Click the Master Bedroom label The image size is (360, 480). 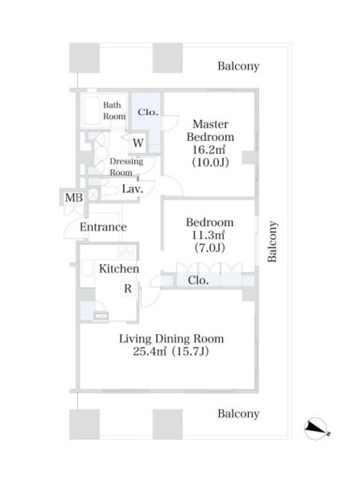pyautogui.click(x=211, y=130)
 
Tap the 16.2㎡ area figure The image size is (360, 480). pyautogui.click(x=209, y=149)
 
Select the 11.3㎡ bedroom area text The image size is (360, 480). pyautogui.click(x=208, y=235)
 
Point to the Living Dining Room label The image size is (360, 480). pyautogui.click(x=171, y=338)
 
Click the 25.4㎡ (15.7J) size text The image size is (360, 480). pyautogui.click(x=171, y=351)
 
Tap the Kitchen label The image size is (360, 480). pyautogui.click(x=119, y=269)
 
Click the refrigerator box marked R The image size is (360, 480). pyautogui.click(x=128, y=289)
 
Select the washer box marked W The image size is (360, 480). pyautogui.click(x=138, y=143)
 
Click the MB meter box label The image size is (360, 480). pyautogui.click(x=74, y=198)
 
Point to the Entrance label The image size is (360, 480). pyautogui.click(x=103, y=227)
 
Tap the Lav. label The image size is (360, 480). pyautogui.click(x=133, y=189)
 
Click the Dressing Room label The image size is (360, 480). pyautogui.click(x=126, y=167)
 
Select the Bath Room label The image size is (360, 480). pyautogui.click(x=114, y=110)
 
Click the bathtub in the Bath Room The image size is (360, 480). pyautogui.click(x=92, y=111)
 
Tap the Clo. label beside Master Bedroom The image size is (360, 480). pyautogui.click(x=148, y=112)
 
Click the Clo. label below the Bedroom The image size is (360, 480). pyautogui.click(x=198, y=280)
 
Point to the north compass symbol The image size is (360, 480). pyautogui.click(x=317, y=428)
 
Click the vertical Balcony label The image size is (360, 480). pyautogui.click(x=272, y=241)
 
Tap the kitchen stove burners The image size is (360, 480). pyautogui.click(x=126, y=251)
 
